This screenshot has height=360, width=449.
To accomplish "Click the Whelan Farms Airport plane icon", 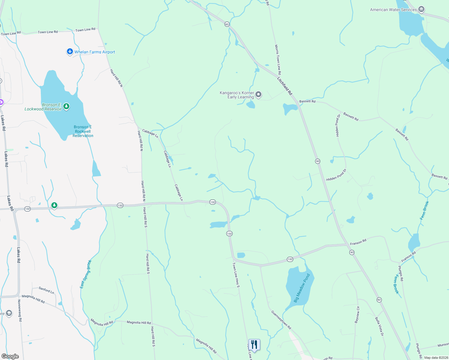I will [70, 52].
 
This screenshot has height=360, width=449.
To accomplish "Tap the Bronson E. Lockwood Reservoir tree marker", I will [66, 106].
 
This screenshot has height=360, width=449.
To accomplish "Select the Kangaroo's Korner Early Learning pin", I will [258, 95].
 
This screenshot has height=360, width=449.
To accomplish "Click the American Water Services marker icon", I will [421, 10].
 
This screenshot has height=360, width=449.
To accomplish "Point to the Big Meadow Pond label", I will [302, 288].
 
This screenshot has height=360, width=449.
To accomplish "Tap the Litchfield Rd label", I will [285, 86].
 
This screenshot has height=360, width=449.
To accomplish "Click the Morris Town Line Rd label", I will [278, 60].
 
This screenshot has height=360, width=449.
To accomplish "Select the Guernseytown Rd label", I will [281, 320].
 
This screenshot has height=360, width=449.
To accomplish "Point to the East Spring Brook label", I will [86, 274].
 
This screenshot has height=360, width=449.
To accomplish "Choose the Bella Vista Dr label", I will [379, 326].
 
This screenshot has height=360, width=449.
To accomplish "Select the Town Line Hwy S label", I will [236, 275].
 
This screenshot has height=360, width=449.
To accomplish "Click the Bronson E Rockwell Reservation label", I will [83, 131].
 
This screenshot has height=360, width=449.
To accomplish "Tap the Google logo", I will [10, 356].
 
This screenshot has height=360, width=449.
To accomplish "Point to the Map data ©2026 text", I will [436, 358].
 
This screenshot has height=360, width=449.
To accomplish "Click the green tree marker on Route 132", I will [54, 205].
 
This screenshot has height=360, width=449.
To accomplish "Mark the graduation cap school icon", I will [9, 313].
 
